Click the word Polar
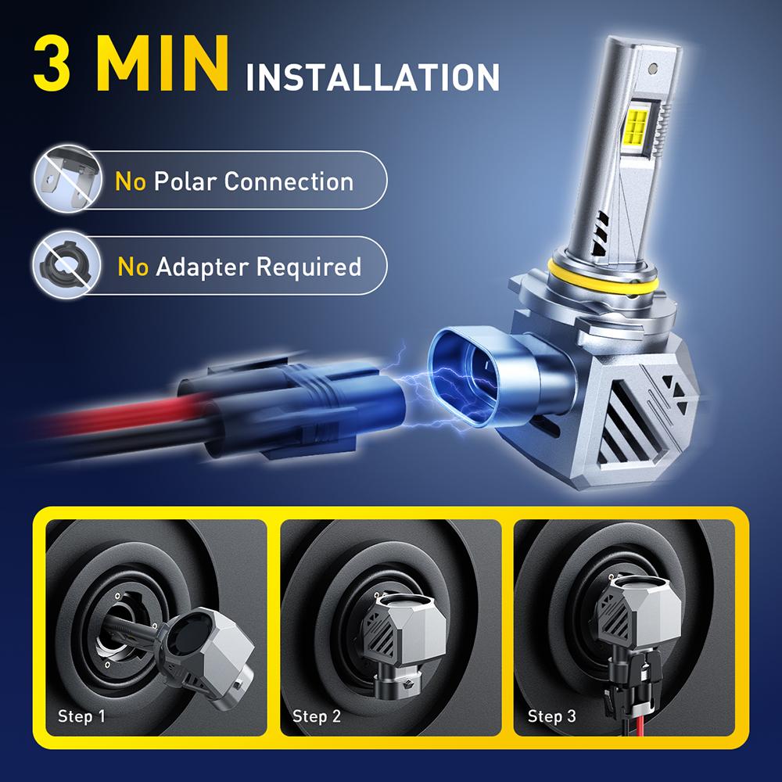click(185, 181)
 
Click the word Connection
click(289, 181)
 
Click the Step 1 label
click(81, 716)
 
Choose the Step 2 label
click(316, 716)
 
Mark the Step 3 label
click(551, 716)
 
